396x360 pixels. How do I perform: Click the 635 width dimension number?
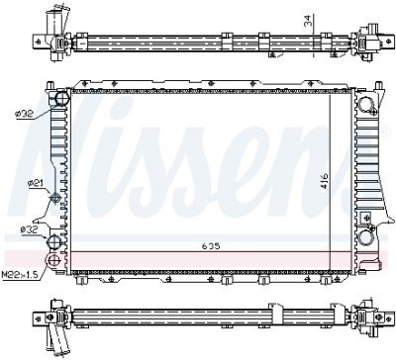click(x=211, y=246)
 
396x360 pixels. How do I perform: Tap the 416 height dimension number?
click(x=325, y=181)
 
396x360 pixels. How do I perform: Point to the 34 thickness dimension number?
click(x=308, y=21)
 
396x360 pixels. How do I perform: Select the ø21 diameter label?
click(x=35, y=183)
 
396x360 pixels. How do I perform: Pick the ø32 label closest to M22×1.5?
click(x=29, y=229)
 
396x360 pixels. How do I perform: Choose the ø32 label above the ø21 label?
click(x=24, y=114)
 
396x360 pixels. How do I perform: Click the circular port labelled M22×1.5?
click(x=52, y=261)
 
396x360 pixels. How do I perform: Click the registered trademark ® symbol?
click(x=385, y=132)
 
